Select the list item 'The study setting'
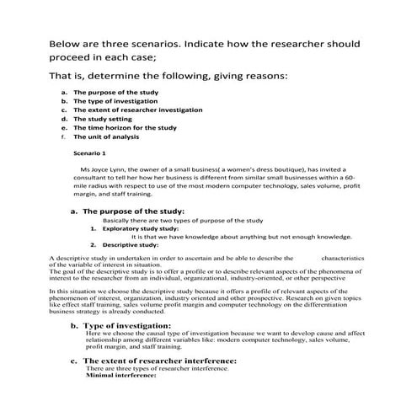pyautogui.click(x=104, y=119)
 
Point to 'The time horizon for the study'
pyautogui.click(x=125, y=127)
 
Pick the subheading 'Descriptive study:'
pyautogui.click(x=138, y=244)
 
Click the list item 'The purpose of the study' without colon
pyautogui.click(x=115, y=92)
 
